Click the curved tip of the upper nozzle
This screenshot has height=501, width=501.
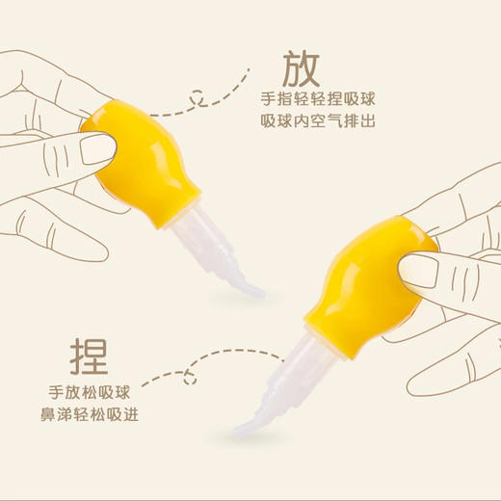pyautogui.click(x=253, y=288)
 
